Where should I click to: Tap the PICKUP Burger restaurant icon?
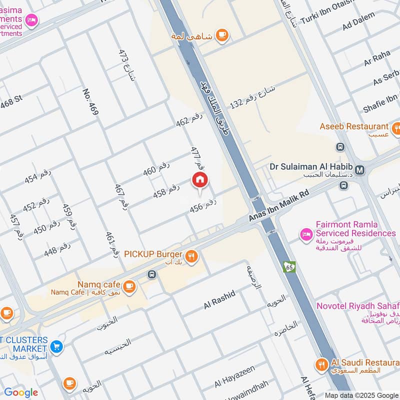point(191,257)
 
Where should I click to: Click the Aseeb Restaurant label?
point(354,126)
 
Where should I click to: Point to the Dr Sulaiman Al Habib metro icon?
point(360,170)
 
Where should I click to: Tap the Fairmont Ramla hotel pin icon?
point(306,233)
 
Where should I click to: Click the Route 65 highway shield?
point(288,267)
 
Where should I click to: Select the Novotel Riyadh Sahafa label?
point(357,305)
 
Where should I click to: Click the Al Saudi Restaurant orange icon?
point(321,364)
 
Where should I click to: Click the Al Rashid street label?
point(219,299)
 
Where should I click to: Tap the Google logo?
point(21,392)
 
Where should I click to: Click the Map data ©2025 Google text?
point(361,395)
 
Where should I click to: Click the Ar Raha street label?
point(377,59)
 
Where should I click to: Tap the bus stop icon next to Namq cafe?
point(151,274)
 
